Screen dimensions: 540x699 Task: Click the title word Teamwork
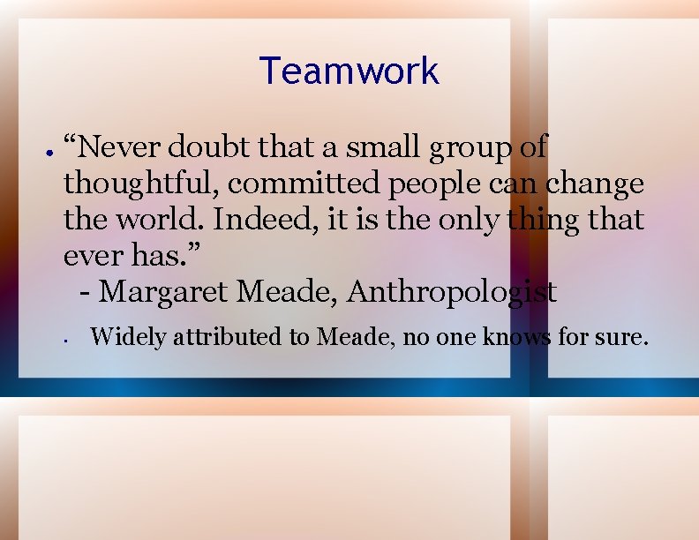349,71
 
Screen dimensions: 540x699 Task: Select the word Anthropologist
452,292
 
